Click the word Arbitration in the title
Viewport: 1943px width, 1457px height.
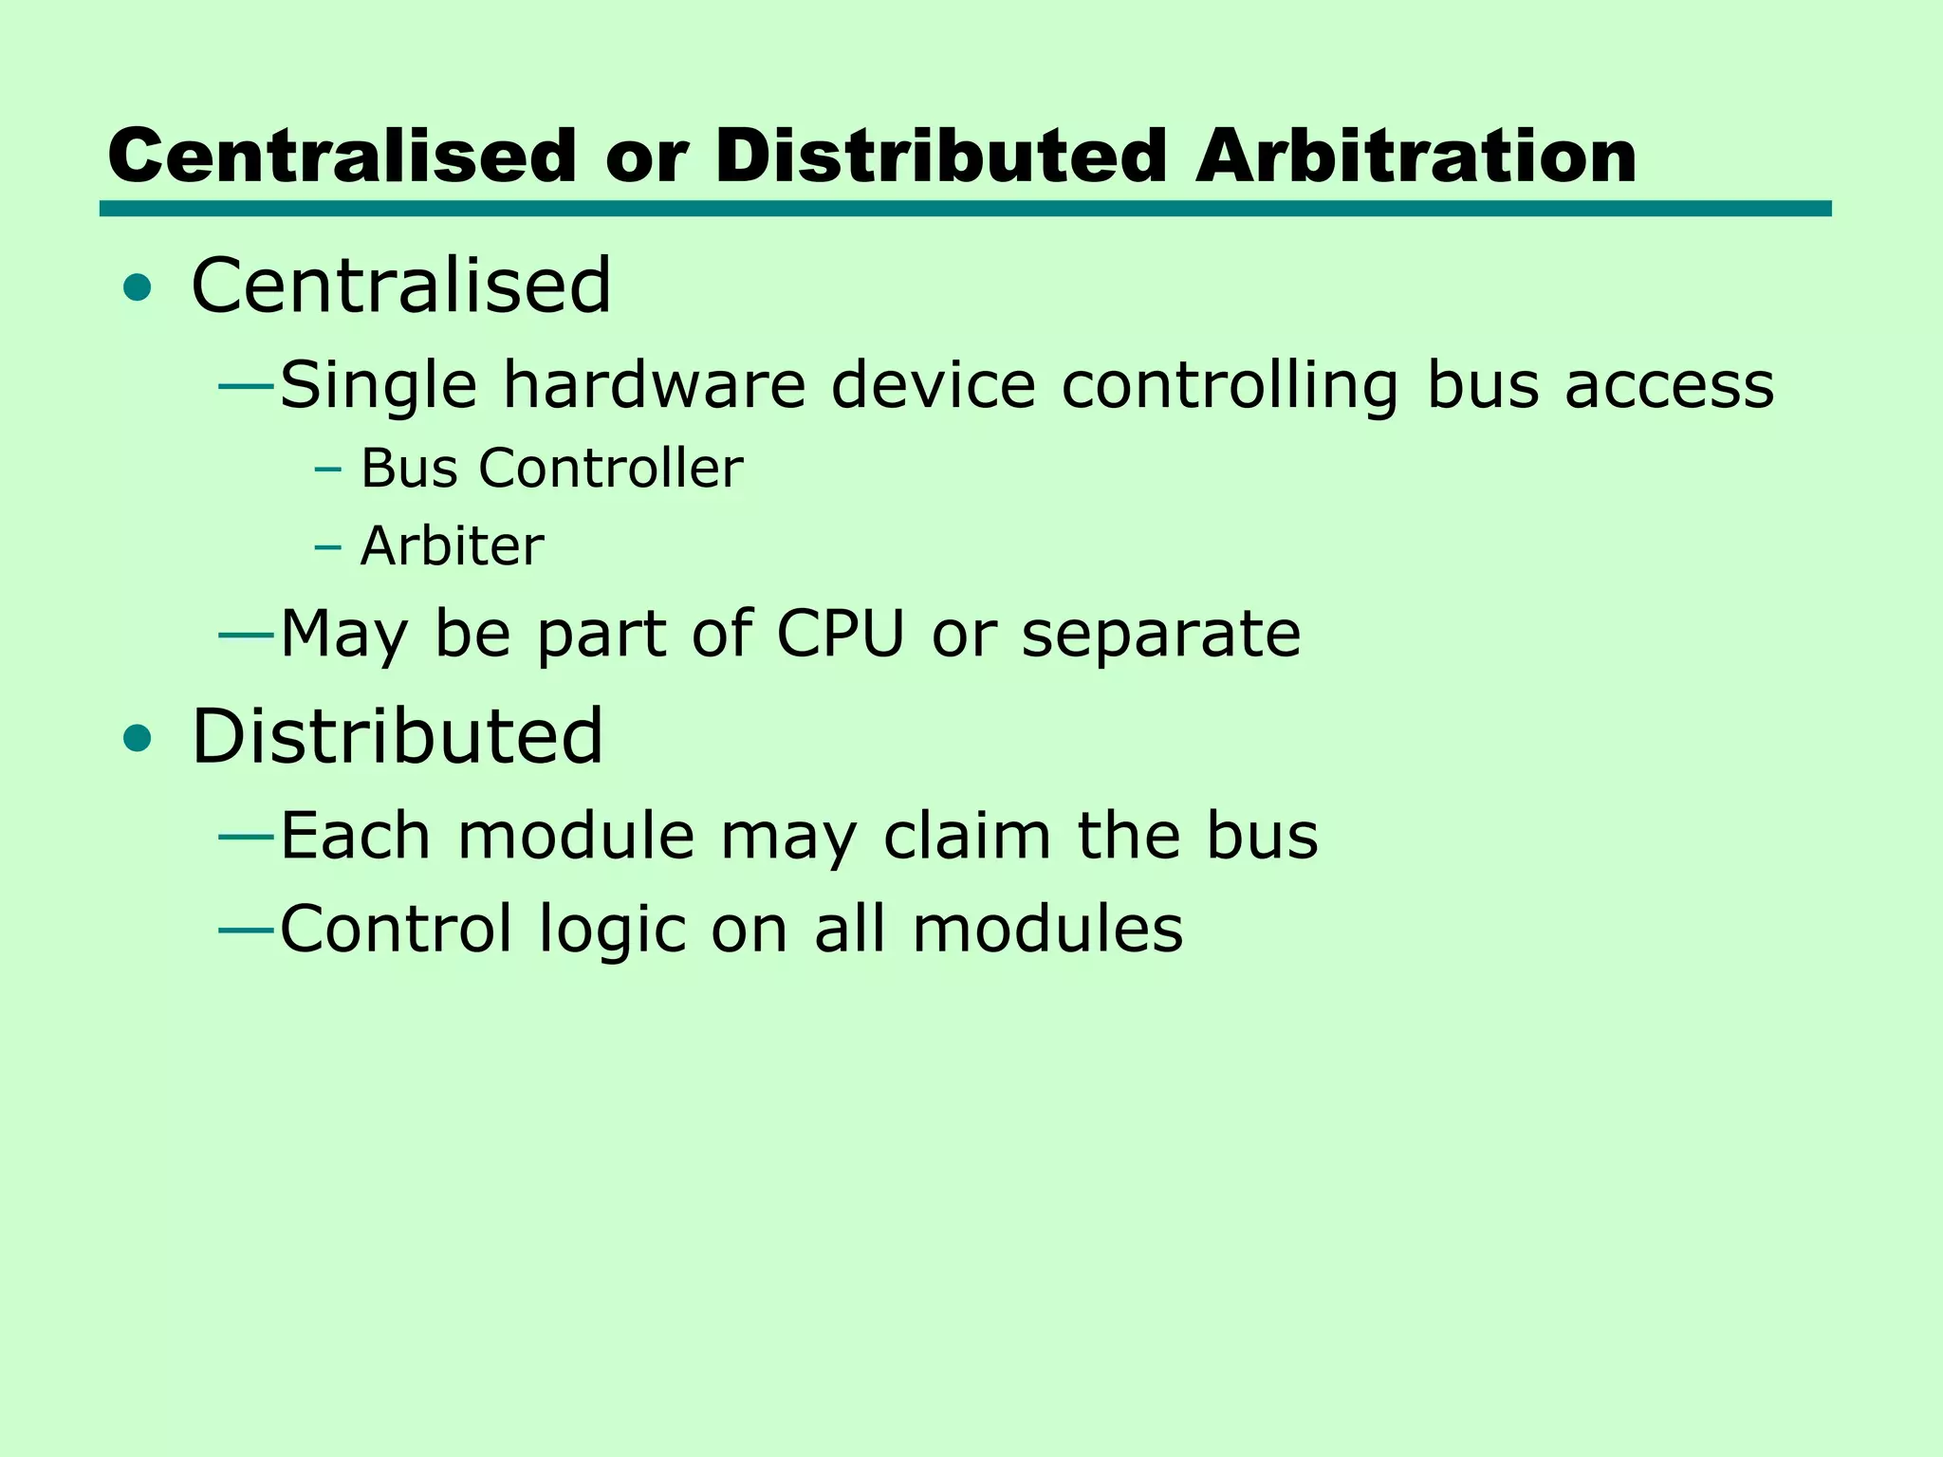1416,156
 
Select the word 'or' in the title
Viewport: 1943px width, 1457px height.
645,157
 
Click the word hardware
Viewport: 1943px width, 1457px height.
654,385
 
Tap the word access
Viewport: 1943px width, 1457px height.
1669,387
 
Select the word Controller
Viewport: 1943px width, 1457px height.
610,469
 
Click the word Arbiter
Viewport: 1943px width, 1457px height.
453,546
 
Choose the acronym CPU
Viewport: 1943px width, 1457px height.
841,634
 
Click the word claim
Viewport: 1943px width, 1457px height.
967,836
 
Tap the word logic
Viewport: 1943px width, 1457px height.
612,931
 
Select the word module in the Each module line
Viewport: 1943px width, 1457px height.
576,836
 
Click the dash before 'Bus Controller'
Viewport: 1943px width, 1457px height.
327,469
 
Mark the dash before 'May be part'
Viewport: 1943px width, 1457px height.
247,635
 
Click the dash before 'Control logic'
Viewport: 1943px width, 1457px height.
247,930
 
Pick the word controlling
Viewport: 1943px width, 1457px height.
1230,387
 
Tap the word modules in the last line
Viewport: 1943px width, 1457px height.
1047,929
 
